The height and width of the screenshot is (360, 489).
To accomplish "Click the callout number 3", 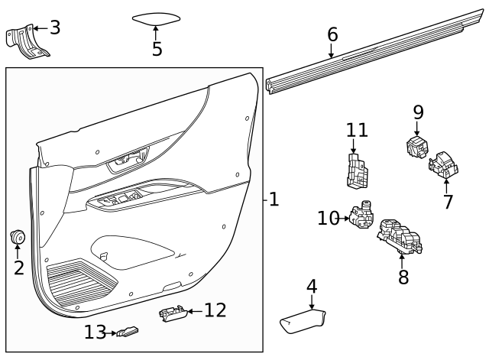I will point(55,28).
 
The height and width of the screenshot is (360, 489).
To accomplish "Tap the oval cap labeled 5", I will point(156,19).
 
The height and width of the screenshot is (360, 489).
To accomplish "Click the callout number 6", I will point(332,34).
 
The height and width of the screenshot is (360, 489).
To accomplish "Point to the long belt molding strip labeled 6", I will point(367,53).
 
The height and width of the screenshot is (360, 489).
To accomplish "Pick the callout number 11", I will point(357,131).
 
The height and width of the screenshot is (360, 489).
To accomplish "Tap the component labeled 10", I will point(361,216).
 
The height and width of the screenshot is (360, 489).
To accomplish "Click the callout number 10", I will point(328,219).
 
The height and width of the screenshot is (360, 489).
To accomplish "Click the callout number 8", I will point(403,276).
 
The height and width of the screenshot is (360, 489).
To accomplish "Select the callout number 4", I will point(312,287).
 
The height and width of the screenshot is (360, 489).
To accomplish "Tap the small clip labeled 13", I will point(128,332).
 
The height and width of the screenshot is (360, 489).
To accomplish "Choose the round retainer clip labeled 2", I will point(18,238).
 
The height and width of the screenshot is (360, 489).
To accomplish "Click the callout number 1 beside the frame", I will point(274,200).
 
